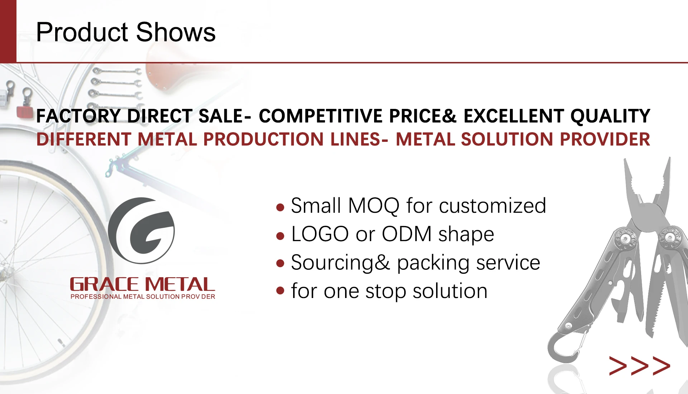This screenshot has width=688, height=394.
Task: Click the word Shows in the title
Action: click(176, 32)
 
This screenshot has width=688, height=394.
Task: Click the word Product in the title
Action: click(82, 32)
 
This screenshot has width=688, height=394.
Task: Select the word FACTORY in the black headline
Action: click(78, 116)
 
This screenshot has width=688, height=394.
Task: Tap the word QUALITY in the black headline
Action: click(610, 116)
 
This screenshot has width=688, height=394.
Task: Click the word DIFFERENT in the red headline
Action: click(84, 139)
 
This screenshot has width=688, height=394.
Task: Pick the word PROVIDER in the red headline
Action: click(605, 139)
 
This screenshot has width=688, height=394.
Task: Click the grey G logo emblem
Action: click(141, 230)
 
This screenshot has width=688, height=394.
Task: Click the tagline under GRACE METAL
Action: click(143, 297)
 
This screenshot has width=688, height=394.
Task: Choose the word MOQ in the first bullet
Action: click(374, 206)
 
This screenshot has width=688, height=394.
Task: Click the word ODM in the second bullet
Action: click(407, 234)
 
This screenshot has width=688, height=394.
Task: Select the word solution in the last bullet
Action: click(450, 290)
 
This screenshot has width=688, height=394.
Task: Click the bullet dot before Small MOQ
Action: click(280, 207)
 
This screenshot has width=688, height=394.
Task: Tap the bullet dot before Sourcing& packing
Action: click(280, 264)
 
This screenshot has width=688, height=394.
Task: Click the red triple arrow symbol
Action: click(640, 366)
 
